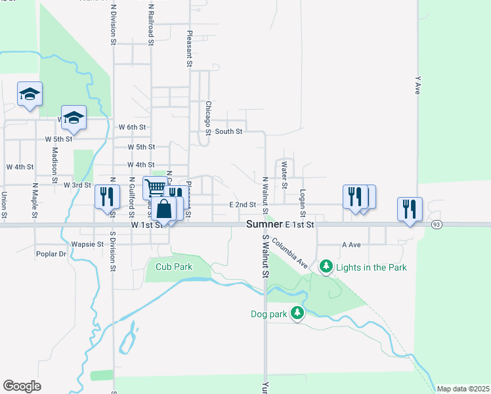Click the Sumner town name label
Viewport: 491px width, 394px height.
click(265, 225)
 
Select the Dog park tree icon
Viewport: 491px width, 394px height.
click(297, 314)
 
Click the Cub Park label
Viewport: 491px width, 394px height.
click(174, 267)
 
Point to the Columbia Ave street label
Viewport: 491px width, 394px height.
click(290, 253)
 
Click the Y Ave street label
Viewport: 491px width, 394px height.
click(417, 85)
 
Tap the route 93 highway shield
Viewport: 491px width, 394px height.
click(437, 225)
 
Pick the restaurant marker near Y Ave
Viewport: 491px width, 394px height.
click(410, 208)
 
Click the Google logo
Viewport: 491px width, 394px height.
click(22, 385)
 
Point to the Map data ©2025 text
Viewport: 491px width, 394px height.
click(463, 389)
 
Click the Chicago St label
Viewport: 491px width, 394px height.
click(208, 118)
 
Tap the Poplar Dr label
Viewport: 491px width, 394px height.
click(52, 253)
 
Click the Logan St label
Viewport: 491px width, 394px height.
click(303, 204)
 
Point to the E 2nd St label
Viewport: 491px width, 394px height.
click(242, 205)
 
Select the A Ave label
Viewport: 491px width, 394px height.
click(352, 244)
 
